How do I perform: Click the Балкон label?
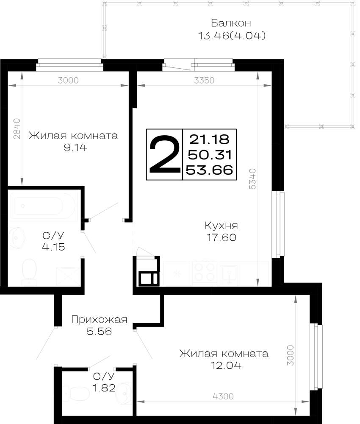231,23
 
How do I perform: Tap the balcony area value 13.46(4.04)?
232,36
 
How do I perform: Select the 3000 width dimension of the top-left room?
68,80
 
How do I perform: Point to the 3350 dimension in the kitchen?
204,80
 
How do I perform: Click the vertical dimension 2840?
17,129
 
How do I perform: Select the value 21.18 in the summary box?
209,139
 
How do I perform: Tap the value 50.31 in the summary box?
210,155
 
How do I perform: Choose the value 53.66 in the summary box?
210,170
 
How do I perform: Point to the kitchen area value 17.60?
221,237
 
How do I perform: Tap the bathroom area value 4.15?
53,247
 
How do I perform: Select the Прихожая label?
99,320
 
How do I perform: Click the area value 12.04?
226,365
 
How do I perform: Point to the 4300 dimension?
223,396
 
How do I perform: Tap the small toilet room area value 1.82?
104,388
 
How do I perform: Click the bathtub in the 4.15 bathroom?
44,206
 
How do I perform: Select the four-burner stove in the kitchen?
205,273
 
